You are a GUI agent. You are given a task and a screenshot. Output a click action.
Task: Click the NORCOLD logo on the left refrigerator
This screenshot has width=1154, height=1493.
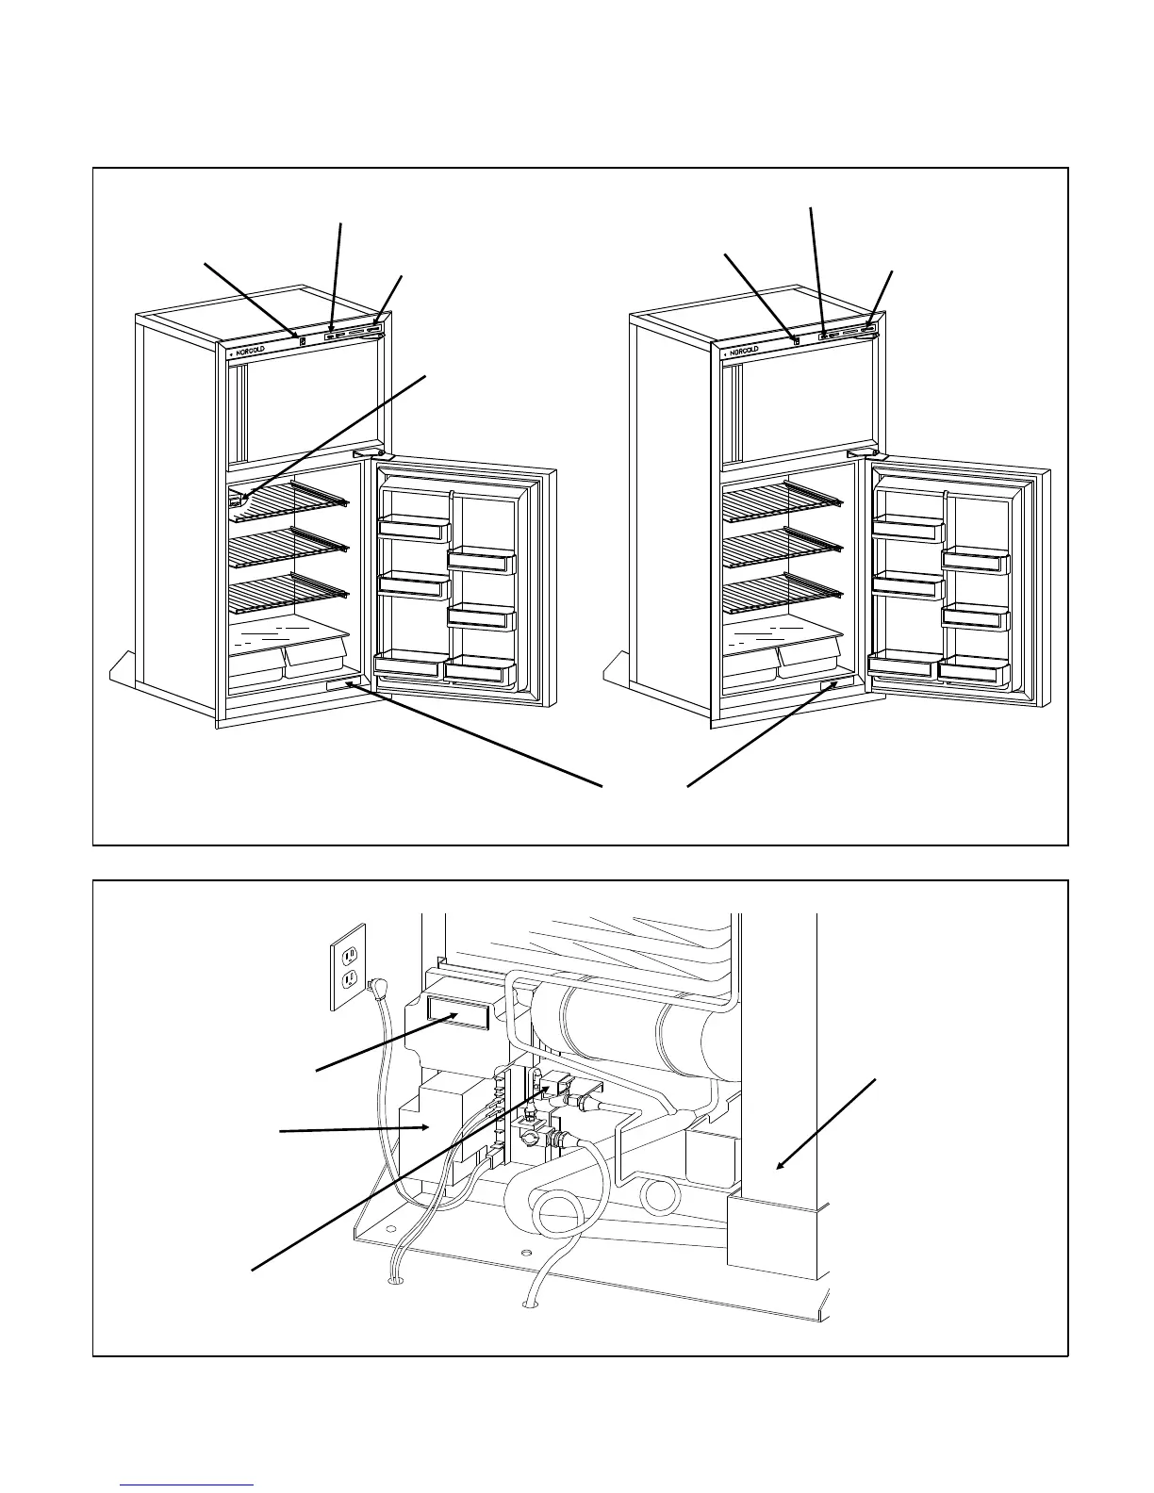251,349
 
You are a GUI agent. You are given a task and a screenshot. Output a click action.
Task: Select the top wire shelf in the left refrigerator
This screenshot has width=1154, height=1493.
288,500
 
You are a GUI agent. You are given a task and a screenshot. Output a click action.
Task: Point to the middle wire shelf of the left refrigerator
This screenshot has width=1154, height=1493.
288,544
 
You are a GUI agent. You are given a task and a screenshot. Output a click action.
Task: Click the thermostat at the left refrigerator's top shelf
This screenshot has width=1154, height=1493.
237,501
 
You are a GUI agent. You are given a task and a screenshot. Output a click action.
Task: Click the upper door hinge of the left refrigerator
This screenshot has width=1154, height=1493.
371,453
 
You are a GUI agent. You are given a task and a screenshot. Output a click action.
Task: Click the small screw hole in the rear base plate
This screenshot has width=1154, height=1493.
526,1253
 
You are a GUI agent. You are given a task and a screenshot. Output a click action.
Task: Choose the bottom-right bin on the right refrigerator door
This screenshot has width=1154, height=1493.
974,668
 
